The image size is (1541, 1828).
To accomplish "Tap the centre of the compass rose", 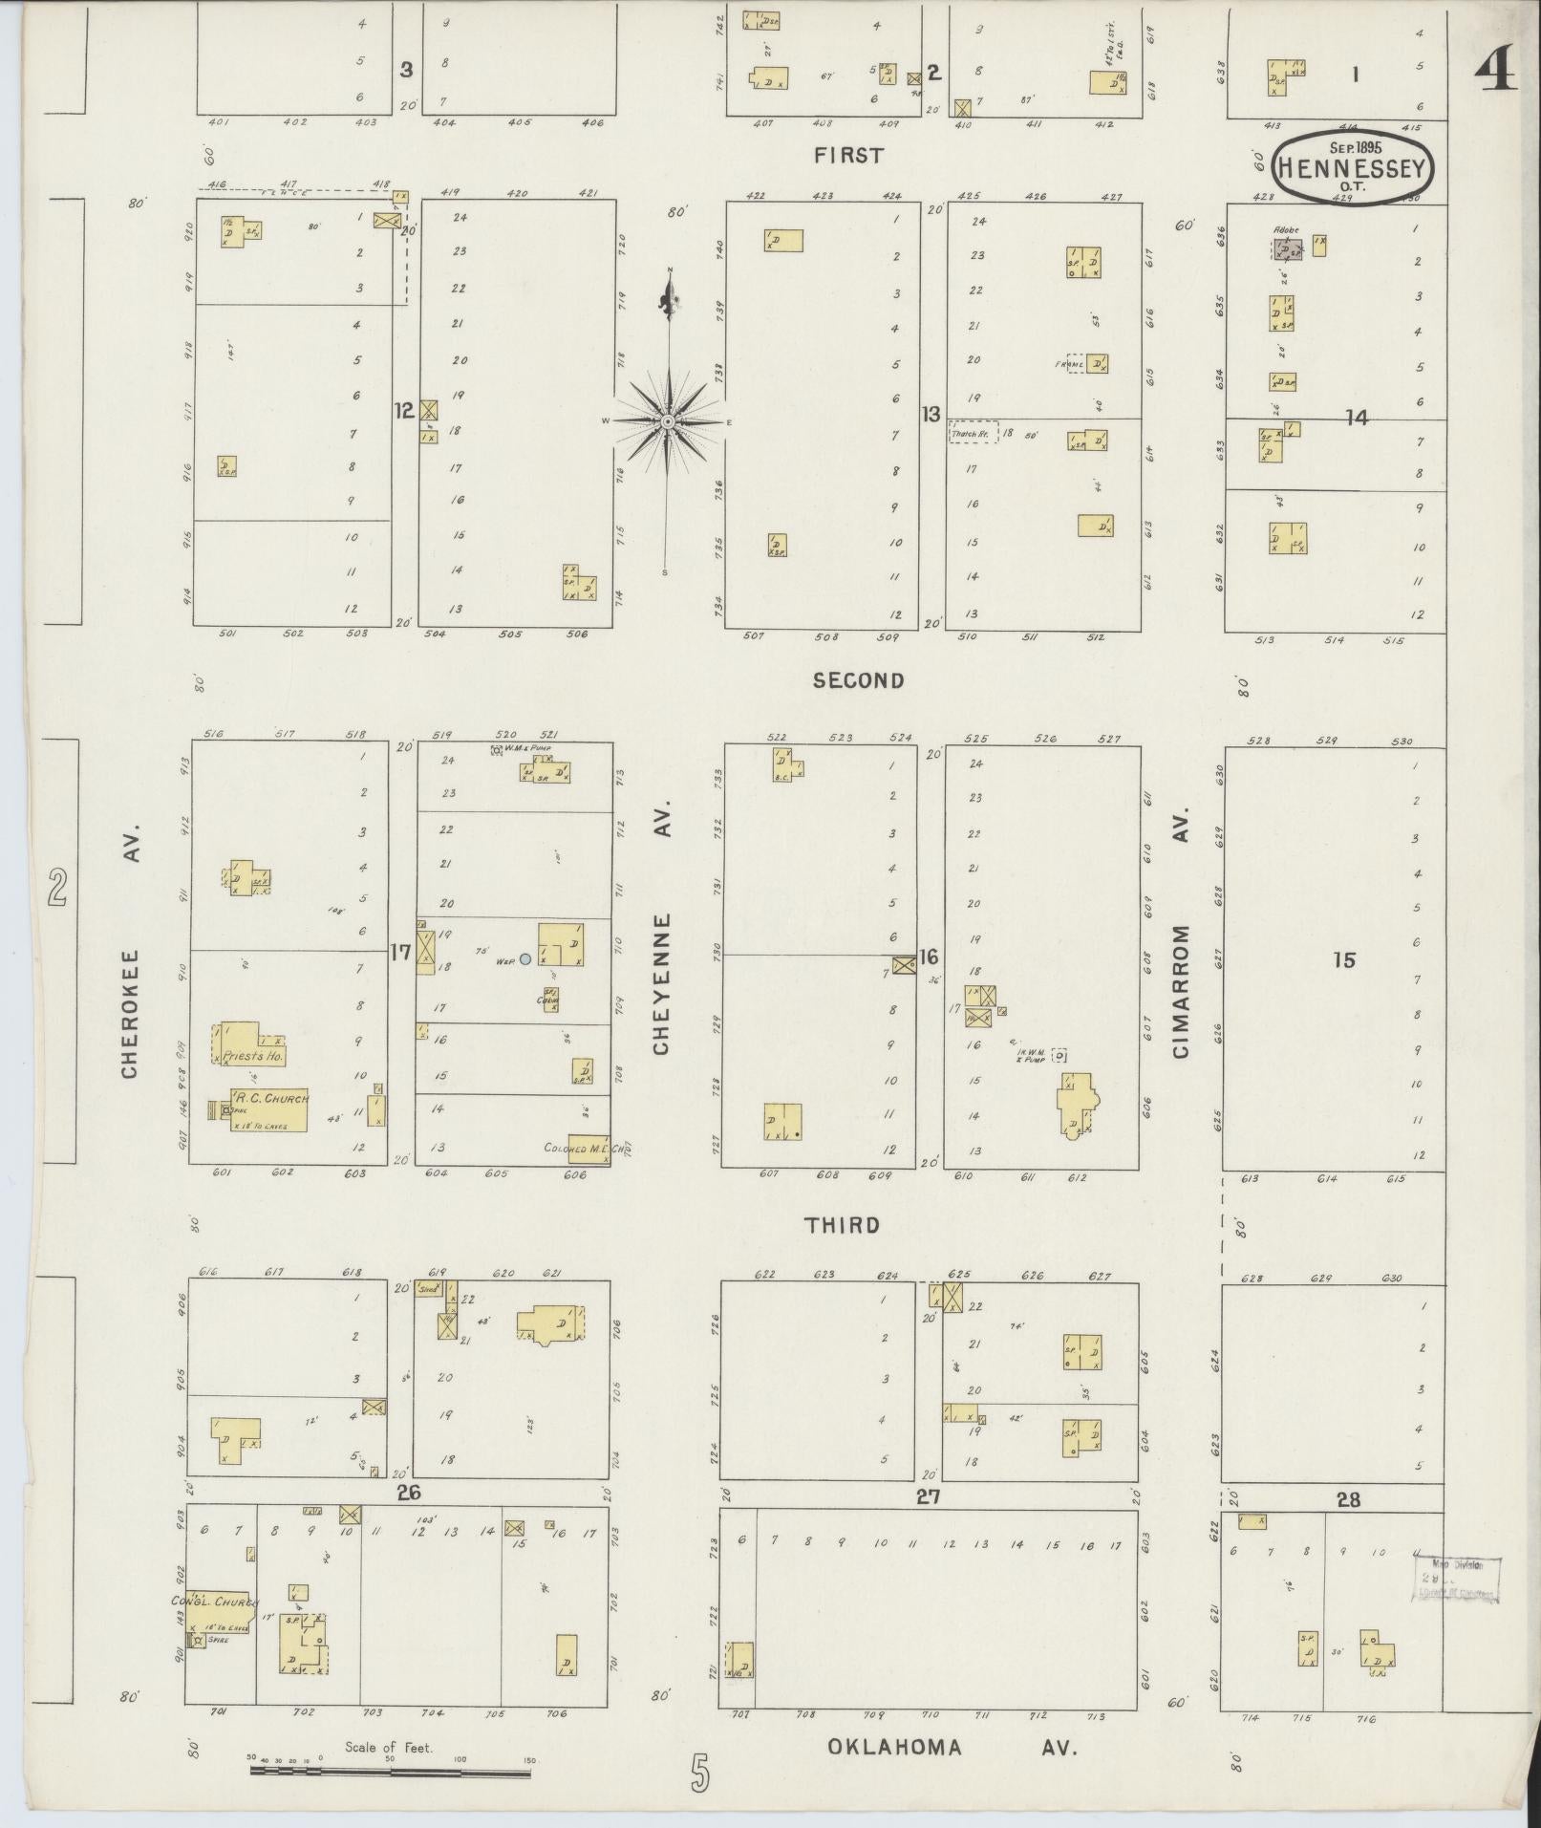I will tap(668, 421).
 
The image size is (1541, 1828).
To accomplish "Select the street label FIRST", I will tap(848, 156).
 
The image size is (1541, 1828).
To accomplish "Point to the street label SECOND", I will tap(858, 680).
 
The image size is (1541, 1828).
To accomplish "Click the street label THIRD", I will tap(842, 1225).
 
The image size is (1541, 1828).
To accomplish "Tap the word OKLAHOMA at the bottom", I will tap(894, 1747).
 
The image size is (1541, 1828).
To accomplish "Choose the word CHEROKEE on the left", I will tap(130, 1013).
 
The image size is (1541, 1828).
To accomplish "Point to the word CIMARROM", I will tap(1182, 991).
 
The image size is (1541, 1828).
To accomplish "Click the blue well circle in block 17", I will tap(525, 958).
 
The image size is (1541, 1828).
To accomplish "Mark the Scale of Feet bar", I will tap(390, 1771).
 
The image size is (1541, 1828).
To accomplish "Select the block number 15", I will tap(1344, 960).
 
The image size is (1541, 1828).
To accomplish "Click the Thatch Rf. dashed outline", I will tap(974, 432).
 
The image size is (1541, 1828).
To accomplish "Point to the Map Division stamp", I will tap(1455, 1579).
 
